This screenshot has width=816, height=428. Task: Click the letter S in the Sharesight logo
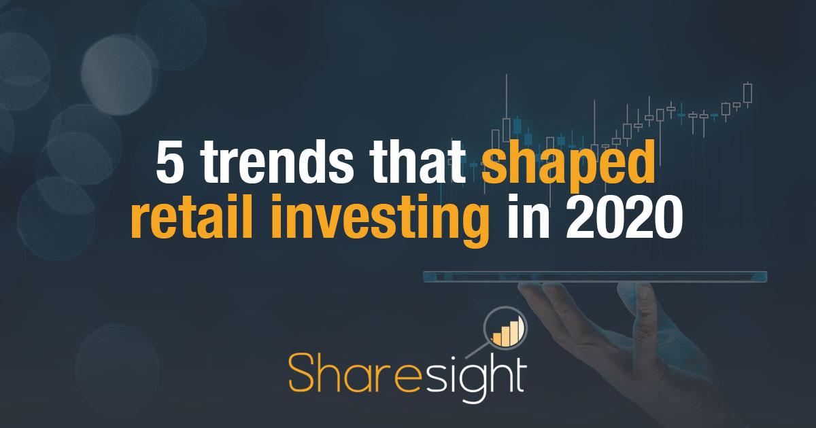tap(303, 373)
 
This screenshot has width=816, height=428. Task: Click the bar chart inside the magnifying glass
tap(504, 331)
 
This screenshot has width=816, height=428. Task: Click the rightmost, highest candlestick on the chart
tap(748, 93)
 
